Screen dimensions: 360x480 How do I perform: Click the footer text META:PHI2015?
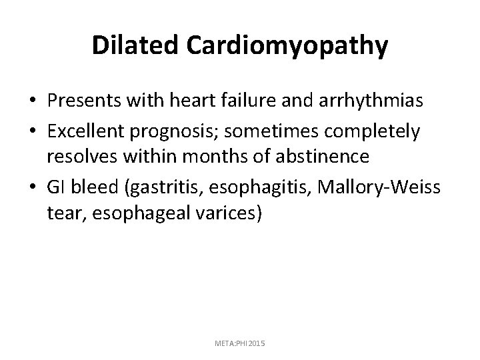239,343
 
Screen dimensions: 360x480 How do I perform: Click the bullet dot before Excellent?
32,132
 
